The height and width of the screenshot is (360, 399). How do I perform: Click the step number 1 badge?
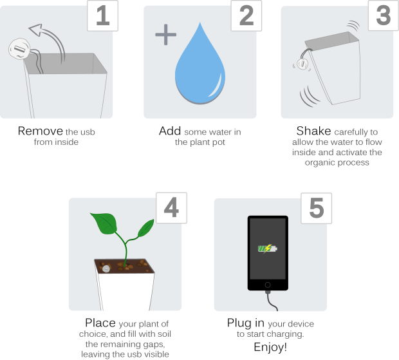tap(102, 16)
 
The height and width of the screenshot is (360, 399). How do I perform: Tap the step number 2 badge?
tap(246, 16)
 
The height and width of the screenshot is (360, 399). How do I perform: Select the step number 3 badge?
tap(384, 15)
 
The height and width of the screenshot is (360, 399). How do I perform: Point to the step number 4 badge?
tap(172, 208)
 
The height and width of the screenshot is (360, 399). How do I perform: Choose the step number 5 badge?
tap(316, 208)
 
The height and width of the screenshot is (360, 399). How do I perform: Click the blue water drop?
tap(200, 69)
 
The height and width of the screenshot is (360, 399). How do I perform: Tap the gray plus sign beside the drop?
tap(165, 35)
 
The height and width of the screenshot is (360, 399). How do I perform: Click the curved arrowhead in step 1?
tap(35, 30)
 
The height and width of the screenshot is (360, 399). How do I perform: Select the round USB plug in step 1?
tap(19, 49)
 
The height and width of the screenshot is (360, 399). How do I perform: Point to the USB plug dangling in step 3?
tap(302, 63)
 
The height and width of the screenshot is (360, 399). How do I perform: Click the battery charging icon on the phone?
tap(268, 248)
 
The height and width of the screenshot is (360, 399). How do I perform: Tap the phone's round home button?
tap(268, 285)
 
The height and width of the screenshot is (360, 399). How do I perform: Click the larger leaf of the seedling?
tap(104, 223)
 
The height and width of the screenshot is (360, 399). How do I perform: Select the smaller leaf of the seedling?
tap(146, 228)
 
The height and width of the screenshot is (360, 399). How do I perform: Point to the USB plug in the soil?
tap(106, 269)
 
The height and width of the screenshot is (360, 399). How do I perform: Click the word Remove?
tap(40, 131)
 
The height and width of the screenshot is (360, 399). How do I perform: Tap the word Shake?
tap(313, 131)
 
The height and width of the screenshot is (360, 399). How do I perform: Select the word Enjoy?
tap(270, 347)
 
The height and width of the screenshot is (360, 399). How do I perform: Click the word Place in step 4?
tap(100, 323)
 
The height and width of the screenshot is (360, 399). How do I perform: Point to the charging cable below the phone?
tap(270, 301)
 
